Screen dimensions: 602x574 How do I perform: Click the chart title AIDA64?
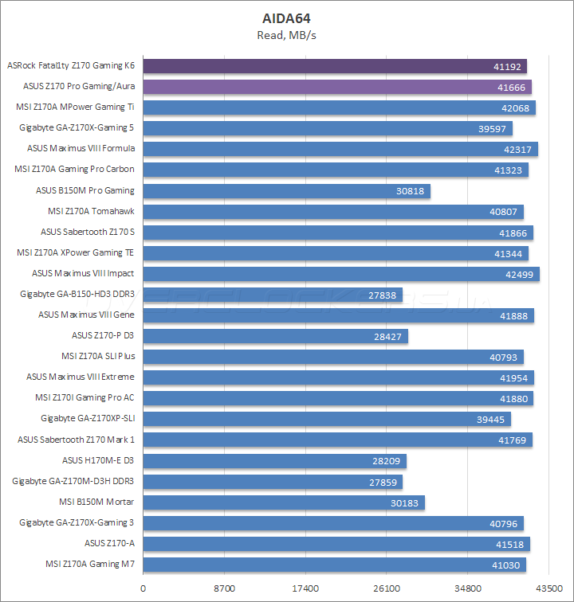click(287, 18)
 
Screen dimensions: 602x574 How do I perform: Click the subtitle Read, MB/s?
click(287, 35)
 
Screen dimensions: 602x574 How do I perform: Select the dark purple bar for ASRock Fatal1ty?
click(335, 66)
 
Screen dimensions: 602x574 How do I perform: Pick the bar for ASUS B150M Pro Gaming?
click(287, 191)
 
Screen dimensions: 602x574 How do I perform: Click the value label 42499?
click(521, 274)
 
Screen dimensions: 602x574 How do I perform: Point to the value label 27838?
click(384, 295)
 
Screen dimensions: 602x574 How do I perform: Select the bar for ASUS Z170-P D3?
click(276, 336)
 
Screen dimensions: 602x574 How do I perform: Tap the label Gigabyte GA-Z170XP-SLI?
click(88, 419)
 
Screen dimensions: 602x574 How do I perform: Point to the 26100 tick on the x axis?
click(387, 589)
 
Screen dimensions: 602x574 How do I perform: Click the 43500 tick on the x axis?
click(548, 589)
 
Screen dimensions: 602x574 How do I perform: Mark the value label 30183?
click(407, 502)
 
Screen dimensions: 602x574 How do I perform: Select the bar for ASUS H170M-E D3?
click(275, 460)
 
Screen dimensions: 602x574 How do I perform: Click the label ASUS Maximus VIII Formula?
click(81, 149)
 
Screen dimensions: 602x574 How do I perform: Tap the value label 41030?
click(508, 565)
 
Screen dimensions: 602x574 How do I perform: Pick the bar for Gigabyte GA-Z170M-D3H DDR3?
click(273, 482)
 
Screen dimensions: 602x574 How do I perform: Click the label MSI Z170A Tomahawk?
click(91, 211)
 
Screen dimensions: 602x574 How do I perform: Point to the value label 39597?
click(494, 128)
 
